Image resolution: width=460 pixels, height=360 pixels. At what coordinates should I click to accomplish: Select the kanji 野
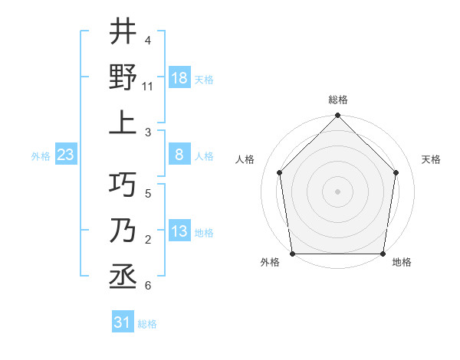click(x=123, y=77)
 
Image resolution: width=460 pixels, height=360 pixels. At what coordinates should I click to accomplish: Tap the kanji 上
click(x=123, y=123)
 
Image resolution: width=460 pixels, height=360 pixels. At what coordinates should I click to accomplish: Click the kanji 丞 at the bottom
click(x=123, y=276)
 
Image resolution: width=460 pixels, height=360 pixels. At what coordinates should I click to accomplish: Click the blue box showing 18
click(x=179, y=78)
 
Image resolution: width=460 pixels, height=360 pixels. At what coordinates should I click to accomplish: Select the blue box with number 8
click(x=179, y=155)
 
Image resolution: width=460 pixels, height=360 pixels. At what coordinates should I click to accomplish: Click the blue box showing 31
click(x=123, y=322)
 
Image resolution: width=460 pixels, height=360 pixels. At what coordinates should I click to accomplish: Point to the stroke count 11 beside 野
click(x=148, y=87)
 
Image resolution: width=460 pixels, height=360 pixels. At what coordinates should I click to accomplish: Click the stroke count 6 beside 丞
click(x=147, y=286)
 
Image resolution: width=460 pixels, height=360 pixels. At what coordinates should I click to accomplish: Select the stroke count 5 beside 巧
click(x=147, y=194)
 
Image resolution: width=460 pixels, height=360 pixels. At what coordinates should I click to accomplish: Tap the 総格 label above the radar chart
click(x=337, y=100)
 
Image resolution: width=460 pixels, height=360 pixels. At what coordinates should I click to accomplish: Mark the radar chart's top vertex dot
click(x=337, y=116)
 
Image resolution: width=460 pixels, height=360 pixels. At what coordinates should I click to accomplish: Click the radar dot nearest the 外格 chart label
click(x=292, y=254)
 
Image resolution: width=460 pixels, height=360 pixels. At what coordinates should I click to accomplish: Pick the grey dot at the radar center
click(x=337, y=191)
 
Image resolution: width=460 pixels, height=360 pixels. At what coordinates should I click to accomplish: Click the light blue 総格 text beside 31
click(x=147, y=324)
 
